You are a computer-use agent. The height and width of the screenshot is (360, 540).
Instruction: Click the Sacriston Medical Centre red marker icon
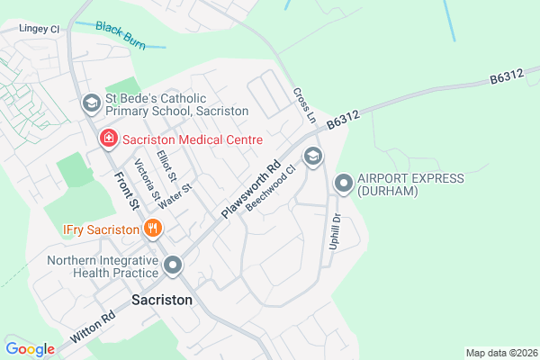point(107,139)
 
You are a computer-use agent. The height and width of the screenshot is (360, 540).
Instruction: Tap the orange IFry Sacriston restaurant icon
point(153,229)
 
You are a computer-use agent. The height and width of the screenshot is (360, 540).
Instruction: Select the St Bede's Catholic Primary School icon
point(91,103)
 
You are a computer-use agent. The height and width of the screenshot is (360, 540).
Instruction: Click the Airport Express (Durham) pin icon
point(343,184)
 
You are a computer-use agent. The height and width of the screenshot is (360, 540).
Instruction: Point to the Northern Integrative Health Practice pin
point(173,265)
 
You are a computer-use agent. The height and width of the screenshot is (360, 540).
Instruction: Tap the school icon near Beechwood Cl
point(313,157)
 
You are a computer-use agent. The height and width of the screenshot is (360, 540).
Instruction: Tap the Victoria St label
point(146,180)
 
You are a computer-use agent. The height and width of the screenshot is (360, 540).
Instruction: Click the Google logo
point(30,349)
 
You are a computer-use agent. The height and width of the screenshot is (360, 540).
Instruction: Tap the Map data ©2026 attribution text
point(499,352)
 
